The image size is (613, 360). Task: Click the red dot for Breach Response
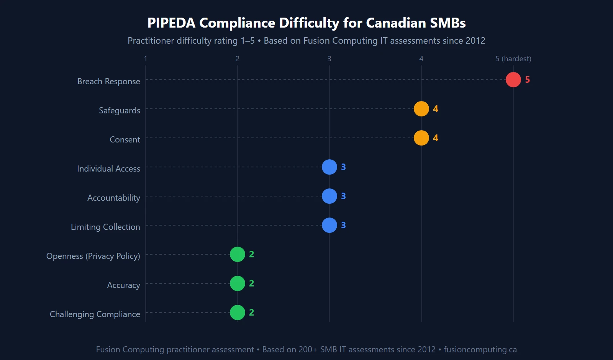coord(513,80)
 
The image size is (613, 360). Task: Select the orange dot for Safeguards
coord(421,109)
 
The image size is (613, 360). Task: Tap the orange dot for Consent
coord(421,138)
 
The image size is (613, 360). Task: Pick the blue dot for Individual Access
coord(329,167)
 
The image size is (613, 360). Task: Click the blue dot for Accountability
coord(329,196)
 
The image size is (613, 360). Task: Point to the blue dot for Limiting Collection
coord(329,225)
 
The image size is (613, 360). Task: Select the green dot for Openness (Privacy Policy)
coord(237,254)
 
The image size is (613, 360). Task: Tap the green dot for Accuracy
coord(237,283)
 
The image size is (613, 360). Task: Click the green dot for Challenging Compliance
coord(237,313)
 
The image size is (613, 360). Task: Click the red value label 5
coord(527,80)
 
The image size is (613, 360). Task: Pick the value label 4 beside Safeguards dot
coord(435,109)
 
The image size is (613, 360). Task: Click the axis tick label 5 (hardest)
coord(513,59)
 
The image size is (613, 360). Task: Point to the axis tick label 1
coord(145,59)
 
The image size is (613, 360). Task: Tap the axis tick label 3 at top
coord(329,59)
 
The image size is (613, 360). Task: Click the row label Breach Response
coord(108,81)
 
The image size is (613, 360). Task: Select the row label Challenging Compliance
coord(95,314)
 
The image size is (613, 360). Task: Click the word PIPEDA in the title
coord(171,23)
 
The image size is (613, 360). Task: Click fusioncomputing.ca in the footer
coord(480,349)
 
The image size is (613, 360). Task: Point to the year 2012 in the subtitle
coord(475,41)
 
